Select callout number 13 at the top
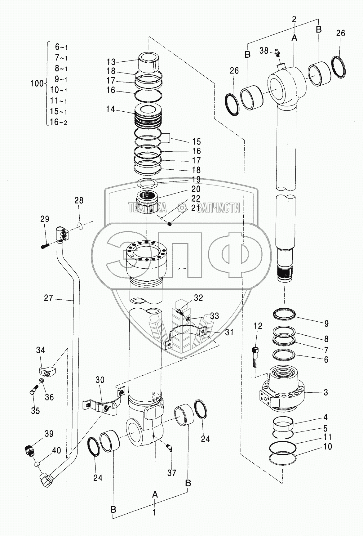[111, 61]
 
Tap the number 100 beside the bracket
[37, 83]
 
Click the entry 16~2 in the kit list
[59, 122]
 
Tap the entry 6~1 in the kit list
[61, 47]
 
